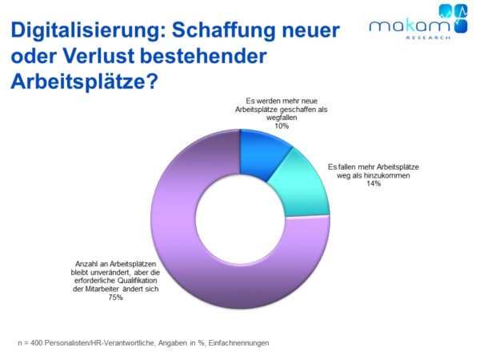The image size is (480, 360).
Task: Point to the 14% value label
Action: pos(374,183)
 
